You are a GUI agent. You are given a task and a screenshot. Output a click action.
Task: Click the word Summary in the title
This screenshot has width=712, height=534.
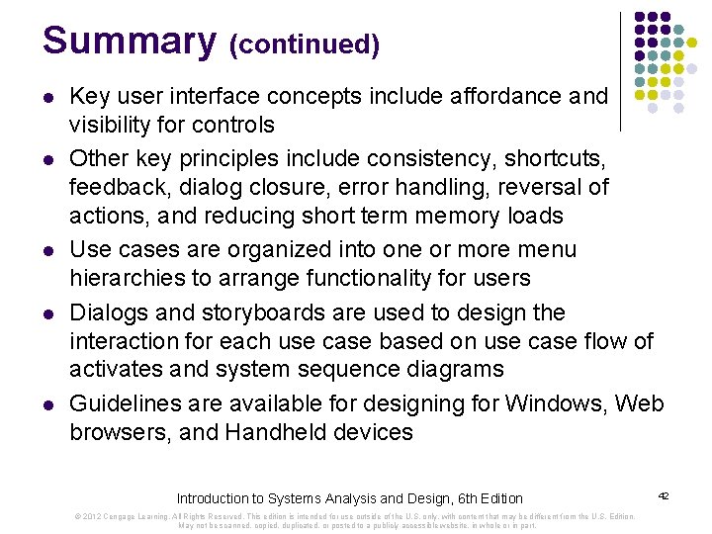click(128, 42)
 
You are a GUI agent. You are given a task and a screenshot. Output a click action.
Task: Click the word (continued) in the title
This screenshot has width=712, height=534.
click(304, 45)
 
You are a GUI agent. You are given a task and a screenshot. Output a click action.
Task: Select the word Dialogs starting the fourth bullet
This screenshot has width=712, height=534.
click(102, 313)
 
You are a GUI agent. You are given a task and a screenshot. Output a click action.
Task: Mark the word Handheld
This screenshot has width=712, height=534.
click(269, 433)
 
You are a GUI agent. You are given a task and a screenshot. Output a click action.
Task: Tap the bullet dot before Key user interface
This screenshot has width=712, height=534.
click(48, 98)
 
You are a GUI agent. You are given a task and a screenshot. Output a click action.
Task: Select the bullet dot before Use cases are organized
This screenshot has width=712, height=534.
click(48, 251)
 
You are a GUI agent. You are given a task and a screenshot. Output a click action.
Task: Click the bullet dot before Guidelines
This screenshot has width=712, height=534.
click(48, 405)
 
